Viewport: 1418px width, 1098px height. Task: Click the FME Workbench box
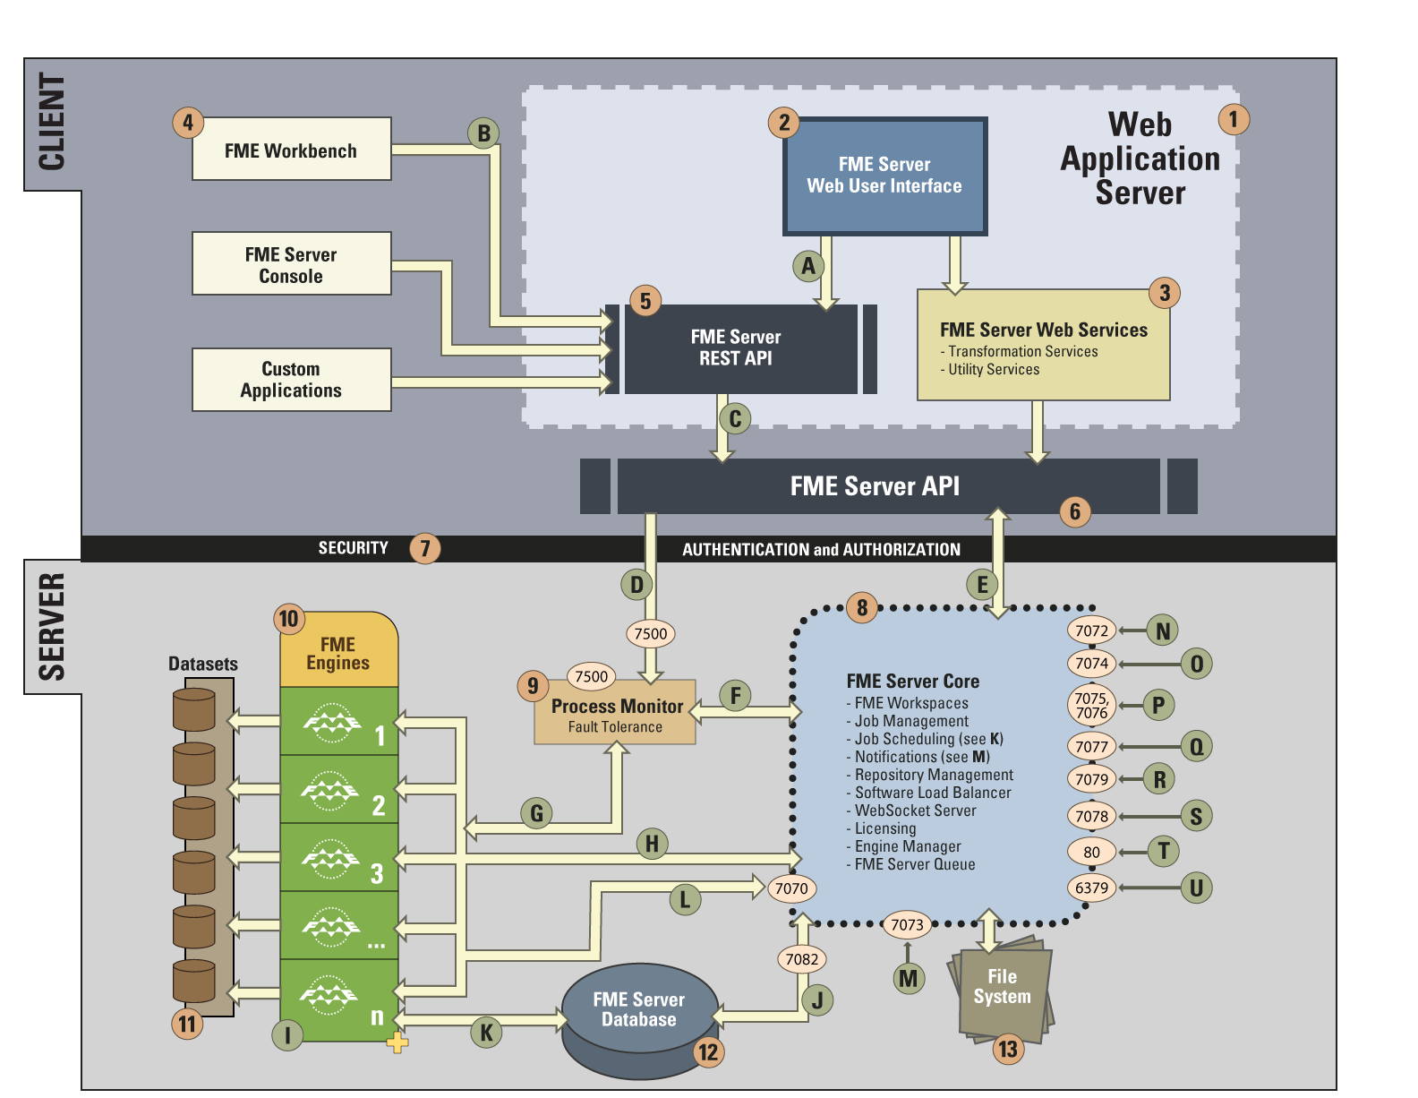(x=291, y=149)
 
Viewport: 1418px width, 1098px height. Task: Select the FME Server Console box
(x=291, y=263)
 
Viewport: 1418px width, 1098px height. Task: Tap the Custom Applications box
(x=291, y=379)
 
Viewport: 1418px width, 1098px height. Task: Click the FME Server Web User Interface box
(x=884, y=176)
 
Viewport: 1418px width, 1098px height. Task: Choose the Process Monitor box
(x=615, y=711)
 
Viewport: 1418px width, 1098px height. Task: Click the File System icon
(x=1002, y=988)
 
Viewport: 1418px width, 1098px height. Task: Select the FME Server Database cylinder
(x=639, y=1020)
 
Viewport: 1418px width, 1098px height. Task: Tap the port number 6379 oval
(x=1091, y=888)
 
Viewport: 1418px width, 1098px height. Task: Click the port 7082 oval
(x=801, y=959)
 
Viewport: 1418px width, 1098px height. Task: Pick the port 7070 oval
(x=790, y=888)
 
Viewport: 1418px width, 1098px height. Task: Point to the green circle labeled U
(x=1196, y=888)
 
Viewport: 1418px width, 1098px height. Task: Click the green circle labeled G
(x=536, y=813)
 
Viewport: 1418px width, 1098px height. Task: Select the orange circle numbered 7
(x=425, y=548)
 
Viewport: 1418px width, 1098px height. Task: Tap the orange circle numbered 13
(x=1007, y=1049)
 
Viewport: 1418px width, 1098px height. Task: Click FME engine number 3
(x=338, y=857)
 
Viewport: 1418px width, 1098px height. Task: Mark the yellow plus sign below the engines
(x=397, y=1042)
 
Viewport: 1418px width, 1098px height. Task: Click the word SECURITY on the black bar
(x=353, y=548)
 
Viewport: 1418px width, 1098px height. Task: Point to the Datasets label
(x=203, y=664)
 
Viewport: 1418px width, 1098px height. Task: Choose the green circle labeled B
(x=483, y=133)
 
